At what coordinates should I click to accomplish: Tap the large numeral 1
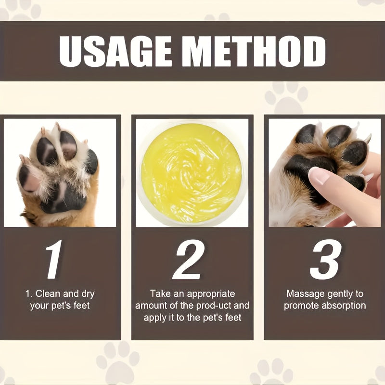click(54, 260)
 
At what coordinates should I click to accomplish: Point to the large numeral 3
click(325, 260)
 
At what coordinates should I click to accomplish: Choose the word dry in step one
click(86, 294)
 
